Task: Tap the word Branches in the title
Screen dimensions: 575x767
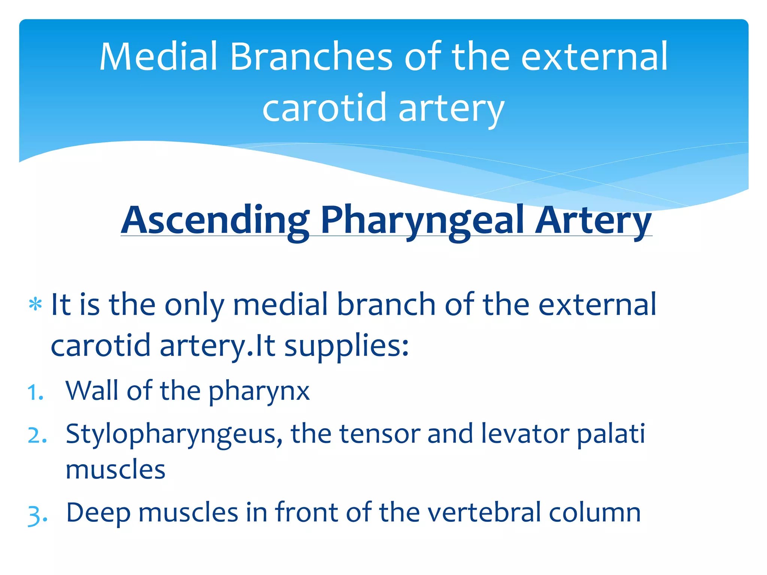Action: tap(311, 57)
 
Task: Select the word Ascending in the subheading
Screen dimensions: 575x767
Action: tap(215, 221)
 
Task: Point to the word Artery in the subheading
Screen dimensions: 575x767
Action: tap(593, 221)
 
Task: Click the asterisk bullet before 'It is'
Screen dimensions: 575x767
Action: tap(36, 304)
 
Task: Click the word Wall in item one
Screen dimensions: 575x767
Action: tap(92, 391)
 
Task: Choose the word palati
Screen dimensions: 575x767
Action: tap(611, 434)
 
